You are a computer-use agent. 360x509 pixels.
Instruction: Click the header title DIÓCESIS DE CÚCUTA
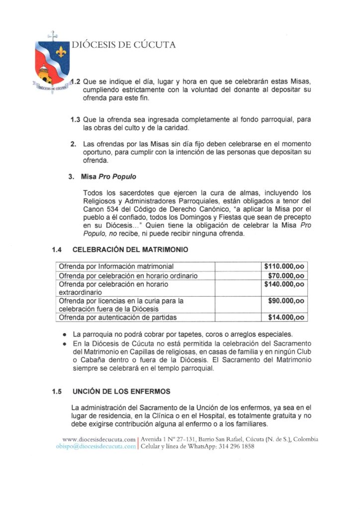124,45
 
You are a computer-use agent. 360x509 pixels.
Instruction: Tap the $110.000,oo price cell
285,266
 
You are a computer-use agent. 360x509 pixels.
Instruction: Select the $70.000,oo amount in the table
286,276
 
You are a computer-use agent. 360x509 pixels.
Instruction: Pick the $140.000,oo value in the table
285,284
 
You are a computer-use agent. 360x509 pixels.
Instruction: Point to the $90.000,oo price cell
286,301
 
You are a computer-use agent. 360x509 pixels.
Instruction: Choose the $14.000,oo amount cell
286,317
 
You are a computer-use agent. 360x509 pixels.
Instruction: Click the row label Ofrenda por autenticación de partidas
118,317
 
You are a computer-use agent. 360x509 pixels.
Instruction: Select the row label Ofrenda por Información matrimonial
116,266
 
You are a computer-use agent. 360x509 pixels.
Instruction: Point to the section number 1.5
57,392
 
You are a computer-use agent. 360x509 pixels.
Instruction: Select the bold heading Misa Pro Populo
102,176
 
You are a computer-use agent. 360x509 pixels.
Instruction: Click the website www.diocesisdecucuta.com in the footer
99,439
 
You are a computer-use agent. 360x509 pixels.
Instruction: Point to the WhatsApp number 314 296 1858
236,446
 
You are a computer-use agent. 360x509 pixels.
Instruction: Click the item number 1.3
76,119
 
